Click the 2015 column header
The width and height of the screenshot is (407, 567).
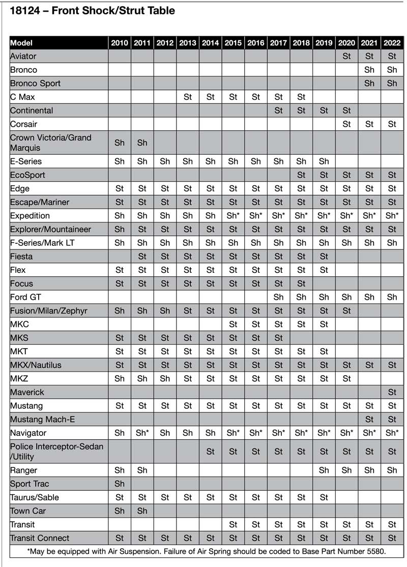[x=233, y=43]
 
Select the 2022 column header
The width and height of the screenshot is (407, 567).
[x=392, y=43]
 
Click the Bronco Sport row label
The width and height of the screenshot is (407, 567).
[x=35, y=83]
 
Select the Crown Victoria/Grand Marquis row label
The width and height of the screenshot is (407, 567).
[x=50, y=143]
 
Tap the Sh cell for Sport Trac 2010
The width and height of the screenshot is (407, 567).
[x=120, y=484]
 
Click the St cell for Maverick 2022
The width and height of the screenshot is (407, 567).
[x=392, y=392]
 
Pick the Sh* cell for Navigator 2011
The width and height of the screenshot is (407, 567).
[x=142, y=433]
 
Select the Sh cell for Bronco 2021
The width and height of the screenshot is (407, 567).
[x=369, y=70]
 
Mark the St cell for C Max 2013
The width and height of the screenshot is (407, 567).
[x=188, y=97]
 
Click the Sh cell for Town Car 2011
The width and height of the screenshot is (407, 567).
[x=142, y=511]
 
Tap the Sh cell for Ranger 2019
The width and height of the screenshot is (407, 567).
[x=324, y=470]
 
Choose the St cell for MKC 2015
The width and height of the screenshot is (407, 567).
[x=233, y=324]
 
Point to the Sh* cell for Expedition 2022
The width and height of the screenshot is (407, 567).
[x=392, y=216]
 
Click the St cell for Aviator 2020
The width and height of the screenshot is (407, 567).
[x=346, y=56]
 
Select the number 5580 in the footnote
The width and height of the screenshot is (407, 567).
[x=374, y=551]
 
